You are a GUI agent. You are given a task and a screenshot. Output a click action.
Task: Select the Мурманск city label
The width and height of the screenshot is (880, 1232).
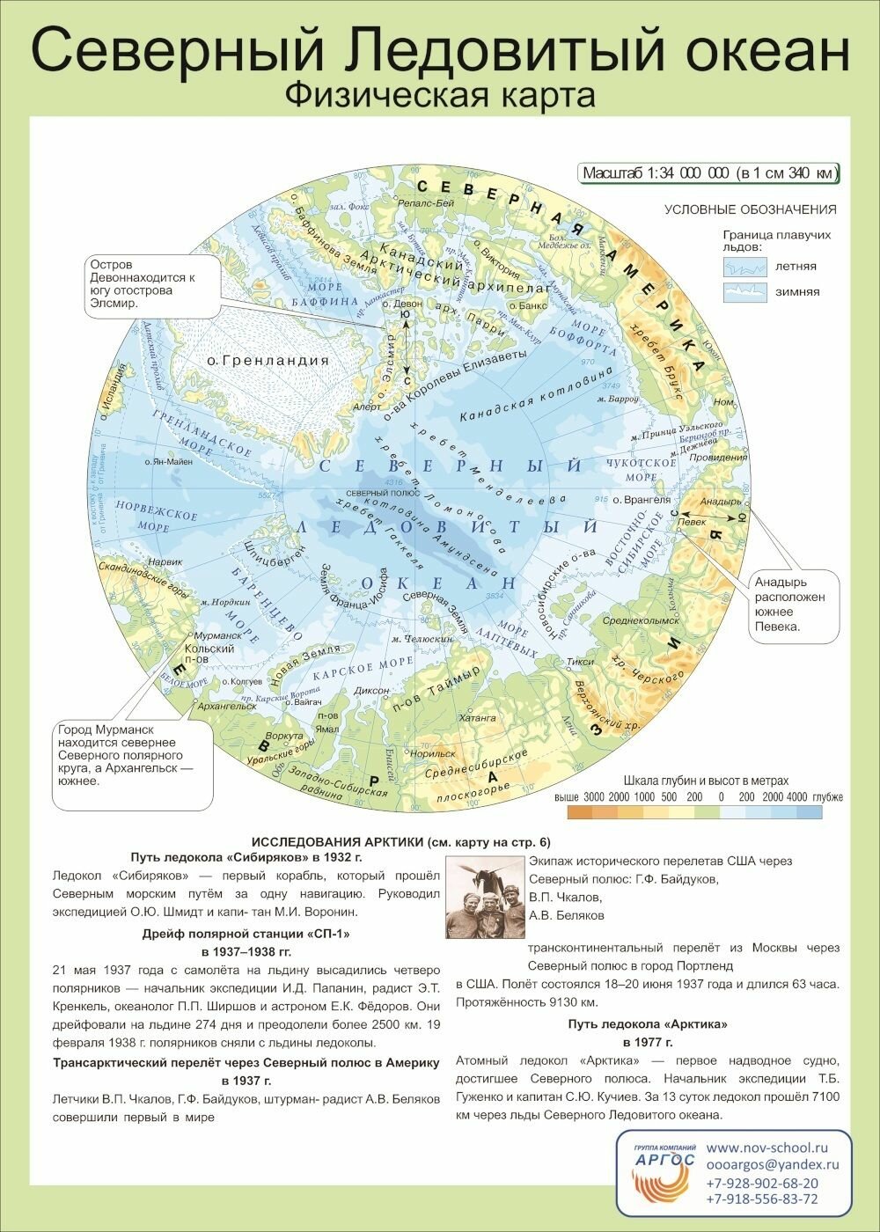[217, 635]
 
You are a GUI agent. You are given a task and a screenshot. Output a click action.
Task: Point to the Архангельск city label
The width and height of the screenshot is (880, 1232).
[228, 706]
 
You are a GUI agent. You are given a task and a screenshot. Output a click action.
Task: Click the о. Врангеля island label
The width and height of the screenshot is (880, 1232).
[642, 500]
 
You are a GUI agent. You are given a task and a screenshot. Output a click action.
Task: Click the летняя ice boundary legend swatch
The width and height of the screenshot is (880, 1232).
[744, 266]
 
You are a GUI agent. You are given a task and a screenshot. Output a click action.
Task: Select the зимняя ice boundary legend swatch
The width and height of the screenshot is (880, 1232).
[744, 291]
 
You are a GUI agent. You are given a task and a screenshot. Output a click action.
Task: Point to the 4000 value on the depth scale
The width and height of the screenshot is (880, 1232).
[797, 797]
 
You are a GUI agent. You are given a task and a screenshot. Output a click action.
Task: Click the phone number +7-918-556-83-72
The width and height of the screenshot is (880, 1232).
[762, 1199]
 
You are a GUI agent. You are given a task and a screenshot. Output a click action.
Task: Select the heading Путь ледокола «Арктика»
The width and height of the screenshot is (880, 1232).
[647, 1023]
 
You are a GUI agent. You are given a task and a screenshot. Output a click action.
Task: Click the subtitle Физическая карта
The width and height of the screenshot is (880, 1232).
[440, 94]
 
